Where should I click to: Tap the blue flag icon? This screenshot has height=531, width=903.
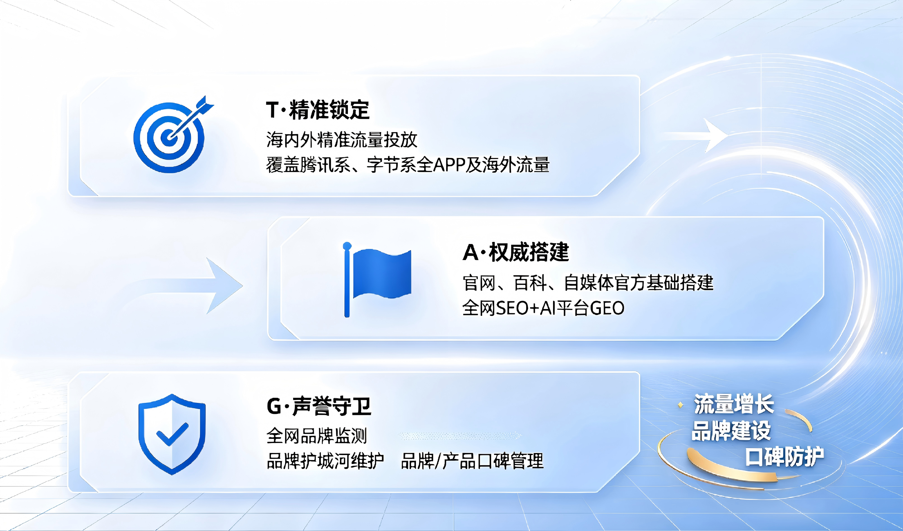pyautogui.click(x=376, y=279)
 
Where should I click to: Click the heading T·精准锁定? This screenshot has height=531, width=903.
pyautogui.click(x=317, y=110)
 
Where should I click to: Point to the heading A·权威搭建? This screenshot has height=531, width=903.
pyautogui.click(x=516, y=252)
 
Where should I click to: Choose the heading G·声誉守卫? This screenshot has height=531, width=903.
pyautogui.click(x=319, y=406)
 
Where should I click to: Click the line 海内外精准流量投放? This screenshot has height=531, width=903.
pyautogui.click(x=342, y=139)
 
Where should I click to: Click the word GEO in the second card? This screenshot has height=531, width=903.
pyautogui.click(x=607, y=308)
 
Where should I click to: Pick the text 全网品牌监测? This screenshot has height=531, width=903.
pyautogui.click(x=317, y=436)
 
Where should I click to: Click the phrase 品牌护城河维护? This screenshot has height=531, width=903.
pyautogui.click(x=325, y=461)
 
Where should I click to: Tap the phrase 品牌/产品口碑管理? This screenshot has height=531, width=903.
pyautogui.click(x=472, y=461)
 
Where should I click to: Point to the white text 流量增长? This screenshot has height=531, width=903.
pyautogui.click(x=734, y=404)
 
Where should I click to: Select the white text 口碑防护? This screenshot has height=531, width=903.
pyautogui.click(x=785, y=457)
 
